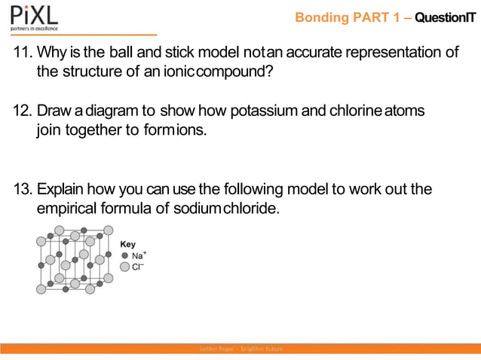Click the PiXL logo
coord(33,16)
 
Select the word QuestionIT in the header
coord(445,17)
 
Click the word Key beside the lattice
coord(128,245)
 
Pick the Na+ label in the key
coord(139,255)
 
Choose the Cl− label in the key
coord(138,267)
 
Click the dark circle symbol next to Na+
coord(124,256)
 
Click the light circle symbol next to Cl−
coord(124,267)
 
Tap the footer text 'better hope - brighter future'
coord(240,349)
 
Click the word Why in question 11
coord(52,53)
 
